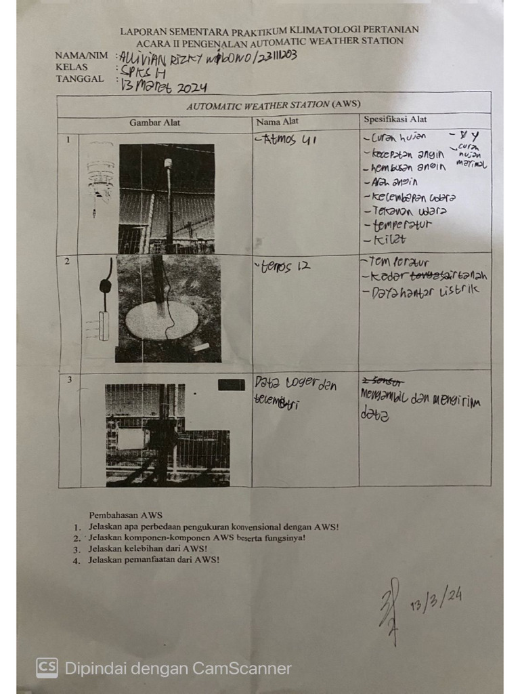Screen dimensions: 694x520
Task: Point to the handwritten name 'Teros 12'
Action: [284, 267]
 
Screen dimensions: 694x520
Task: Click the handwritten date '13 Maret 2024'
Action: [164, 87]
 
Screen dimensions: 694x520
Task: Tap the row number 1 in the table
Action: [68, 140]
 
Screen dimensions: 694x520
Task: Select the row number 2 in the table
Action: [67, 261]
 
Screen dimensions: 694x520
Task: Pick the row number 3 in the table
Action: [69, 380]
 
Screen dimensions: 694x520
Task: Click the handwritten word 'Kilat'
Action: [390, 239]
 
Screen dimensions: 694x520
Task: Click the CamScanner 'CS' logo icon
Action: [47, 668]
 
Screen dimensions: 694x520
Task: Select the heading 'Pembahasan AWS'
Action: [125, 514]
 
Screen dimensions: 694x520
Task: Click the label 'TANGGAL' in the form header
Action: [80, 79]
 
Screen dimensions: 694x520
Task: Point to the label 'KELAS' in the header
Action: [72, 67]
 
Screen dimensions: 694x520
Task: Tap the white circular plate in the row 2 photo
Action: [162, 320]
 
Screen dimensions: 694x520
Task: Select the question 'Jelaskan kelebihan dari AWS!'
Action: [147, 548]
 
